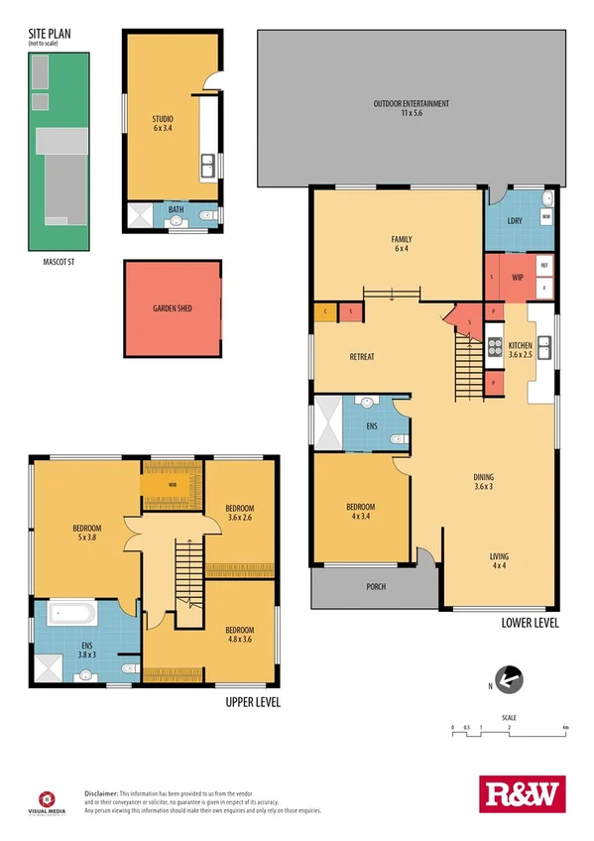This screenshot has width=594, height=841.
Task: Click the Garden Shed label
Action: (172, 308)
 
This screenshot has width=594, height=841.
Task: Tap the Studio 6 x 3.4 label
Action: (163, 122)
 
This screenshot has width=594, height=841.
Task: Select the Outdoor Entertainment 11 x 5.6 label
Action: (412, 108)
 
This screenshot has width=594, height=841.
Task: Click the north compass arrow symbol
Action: (507, 680)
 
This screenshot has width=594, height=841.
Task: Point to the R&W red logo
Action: (520, 793)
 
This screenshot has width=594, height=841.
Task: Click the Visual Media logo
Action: (45, 800)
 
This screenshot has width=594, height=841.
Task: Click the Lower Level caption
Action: (530, 623)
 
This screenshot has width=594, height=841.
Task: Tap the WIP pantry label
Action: (518, 277)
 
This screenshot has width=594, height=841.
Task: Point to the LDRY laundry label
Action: (514, 219)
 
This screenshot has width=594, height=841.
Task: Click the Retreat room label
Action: (361, 357)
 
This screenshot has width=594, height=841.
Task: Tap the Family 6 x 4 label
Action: (402, 244)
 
